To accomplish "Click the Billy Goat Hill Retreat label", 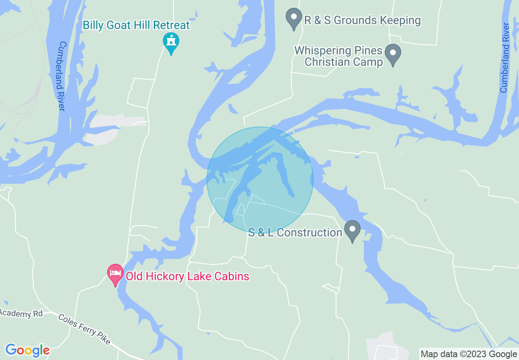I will tap(136, 25).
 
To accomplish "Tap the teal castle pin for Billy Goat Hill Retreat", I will tap(171, 41).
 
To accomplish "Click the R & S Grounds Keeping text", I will tap(362, 20).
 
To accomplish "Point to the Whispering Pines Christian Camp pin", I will tap(393, 54).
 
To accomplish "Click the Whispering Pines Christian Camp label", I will tap(338, 56).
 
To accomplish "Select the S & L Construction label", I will tap(295, 233).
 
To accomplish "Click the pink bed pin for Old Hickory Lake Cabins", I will tap(115, 273).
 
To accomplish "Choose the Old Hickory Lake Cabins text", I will tap(187, 276).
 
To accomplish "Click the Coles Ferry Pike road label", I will tap(84, 329).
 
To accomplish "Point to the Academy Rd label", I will tap(21, 314).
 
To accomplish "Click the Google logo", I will tap(27, 350).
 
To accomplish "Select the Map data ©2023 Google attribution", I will tap(469, 354).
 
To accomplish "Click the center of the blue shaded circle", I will tap(260, 180).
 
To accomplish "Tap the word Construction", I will tap(309, 233).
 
